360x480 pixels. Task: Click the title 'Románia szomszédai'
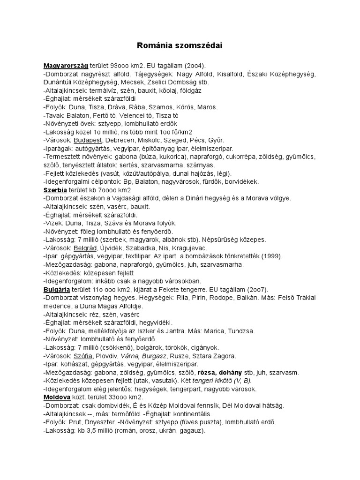tap(180, 45)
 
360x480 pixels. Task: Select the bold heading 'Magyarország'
tap(66, 66)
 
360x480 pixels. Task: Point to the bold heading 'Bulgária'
tap(57, 289)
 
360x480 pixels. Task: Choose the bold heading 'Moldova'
tap(57, 397)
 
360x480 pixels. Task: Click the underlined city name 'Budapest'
tap(88, 140)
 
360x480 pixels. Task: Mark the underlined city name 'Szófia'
tap(82, 355)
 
